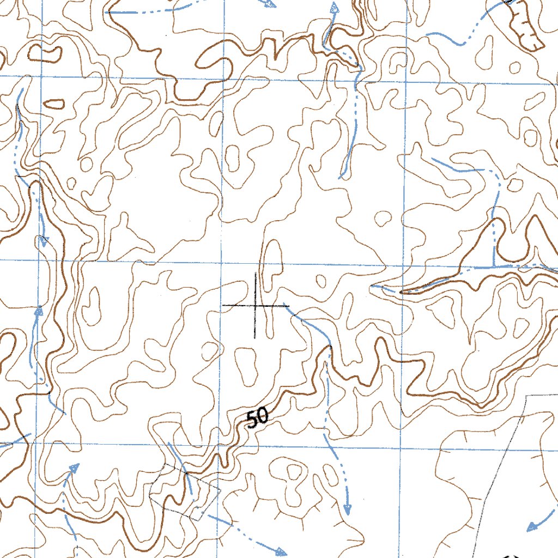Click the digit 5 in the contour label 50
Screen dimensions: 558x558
[x=252, y=420]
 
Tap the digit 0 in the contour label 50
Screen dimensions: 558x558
[x=262, y=416]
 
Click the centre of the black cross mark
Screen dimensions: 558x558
[x=255, y=306]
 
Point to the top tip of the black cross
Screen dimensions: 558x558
[x=255, y=272]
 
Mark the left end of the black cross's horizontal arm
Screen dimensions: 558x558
[x=223, y=306]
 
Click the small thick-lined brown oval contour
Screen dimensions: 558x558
[x=53, y=103]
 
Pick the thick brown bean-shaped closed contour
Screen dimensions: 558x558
[x=45, y=53]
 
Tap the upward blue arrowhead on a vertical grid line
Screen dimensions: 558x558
[x=39, y=311]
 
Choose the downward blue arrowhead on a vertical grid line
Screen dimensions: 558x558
[x=43, y=241]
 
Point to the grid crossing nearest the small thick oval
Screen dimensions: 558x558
[x=42, y=77]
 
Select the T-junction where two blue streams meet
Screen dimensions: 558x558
[x=494, y=268]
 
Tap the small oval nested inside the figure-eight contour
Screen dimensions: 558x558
[x=294, y=470]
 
